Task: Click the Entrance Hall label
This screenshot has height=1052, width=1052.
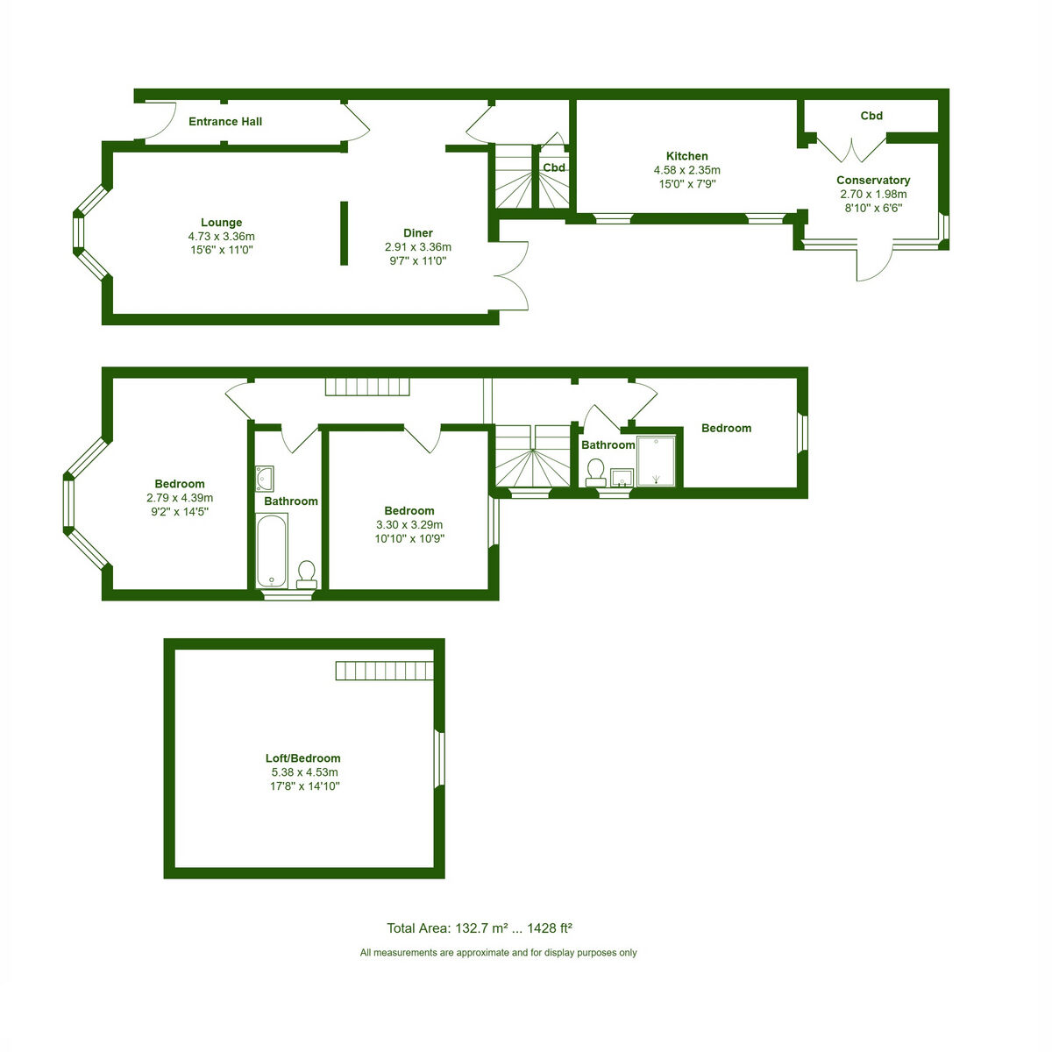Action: click(x=225, y=121)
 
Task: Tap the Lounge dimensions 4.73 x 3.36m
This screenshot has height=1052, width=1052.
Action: click(x=221, y=237)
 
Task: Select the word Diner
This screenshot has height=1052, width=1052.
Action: click(x=417, y=233)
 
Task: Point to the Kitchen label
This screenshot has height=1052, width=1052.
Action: click(x=686, y=156)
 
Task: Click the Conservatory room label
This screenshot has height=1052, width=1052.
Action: click(x=873, y=181)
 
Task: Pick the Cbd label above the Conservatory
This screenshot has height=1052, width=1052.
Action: click(x=871, y=116)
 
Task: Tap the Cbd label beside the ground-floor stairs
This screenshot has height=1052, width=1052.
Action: click(x=553, y=167)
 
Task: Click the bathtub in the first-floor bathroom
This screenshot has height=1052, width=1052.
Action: click(x=271, y=551)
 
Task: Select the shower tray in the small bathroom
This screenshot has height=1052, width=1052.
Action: click(x=657, y=461)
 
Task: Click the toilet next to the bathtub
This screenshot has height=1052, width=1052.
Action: click(x=307, y=575)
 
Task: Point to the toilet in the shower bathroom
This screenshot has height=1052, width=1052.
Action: click(x=595, y=473)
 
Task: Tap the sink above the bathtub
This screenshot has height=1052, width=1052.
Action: click(x=265, y=479)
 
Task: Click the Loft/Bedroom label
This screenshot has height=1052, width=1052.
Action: click(x=303, y=758)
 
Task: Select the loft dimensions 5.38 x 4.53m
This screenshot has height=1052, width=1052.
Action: click(x=304, y=772)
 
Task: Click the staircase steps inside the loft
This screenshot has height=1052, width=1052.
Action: click(x=384, y=671)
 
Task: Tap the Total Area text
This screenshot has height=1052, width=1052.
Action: click(x=479, y=928)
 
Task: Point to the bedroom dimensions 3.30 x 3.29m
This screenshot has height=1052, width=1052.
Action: click(x=409, y=524)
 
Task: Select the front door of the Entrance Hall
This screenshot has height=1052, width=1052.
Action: click(x=160, y=121)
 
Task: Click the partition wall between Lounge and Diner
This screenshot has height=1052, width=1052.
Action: click(x=344, y=234)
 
